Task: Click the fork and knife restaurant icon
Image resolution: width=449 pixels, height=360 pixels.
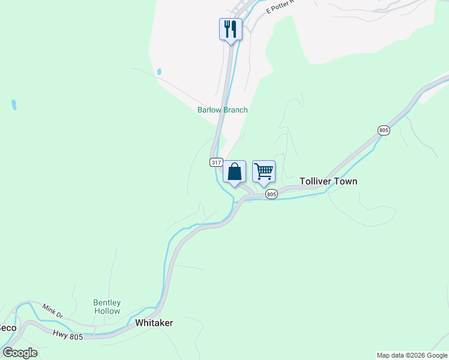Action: [231, 29]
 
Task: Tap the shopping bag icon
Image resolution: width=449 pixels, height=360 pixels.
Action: [234, 172]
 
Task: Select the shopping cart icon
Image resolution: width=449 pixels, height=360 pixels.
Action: [264, 172]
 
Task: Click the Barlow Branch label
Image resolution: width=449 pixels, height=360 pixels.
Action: [223, 110]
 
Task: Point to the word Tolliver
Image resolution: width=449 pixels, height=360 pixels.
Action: [316, 181]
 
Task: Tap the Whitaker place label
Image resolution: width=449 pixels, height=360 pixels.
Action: [154, 323]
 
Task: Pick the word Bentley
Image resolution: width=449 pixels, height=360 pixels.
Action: [107, 303]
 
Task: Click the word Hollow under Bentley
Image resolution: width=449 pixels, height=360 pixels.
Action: [107, 311]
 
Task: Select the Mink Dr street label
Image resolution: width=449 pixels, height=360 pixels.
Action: [52, 310]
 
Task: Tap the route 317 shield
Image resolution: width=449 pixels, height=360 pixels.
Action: [217, 163]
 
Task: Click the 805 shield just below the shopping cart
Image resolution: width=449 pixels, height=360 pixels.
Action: [271, 194]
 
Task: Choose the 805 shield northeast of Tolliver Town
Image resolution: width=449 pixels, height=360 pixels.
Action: [384, 130]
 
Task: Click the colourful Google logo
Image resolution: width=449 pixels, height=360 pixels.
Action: [20, 352]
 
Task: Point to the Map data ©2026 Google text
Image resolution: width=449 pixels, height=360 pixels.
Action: [412, 355]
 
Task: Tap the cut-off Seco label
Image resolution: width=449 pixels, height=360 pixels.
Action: [7, 328]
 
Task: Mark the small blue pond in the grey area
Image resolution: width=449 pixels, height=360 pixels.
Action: [159, 71]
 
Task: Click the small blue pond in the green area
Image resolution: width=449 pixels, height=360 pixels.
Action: [14, 105]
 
